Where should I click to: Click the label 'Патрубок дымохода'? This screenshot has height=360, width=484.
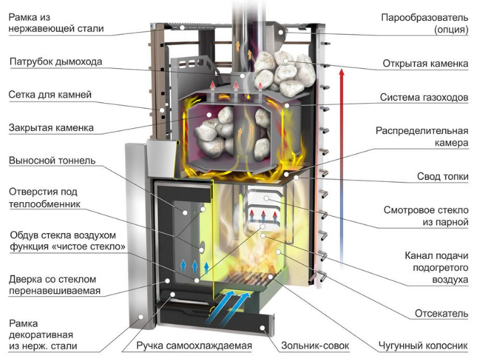tap(56, 62)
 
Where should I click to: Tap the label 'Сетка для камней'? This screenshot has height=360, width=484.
tap(50, 94)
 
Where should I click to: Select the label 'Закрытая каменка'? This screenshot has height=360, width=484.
tap(51, 128)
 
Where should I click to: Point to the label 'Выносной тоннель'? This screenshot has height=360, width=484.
tap(52, 160)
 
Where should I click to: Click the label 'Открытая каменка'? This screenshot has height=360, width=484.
tap(425, 64)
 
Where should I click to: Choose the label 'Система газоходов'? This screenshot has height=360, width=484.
tap(424, 97)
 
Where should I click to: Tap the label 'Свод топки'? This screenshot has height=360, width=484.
tap(443, 176)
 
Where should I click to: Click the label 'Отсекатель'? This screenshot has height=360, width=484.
tap(442, 313)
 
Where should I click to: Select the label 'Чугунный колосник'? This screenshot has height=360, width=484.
tap(423, 346)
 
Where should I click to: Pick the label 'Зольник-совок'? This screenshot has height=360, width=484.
tap(315, 346)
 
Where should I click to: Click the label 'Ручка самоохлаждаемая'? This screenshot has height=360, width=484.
tap(194, 346)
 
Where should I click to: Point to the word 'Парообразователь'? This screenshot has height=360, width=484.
tap(425, 18)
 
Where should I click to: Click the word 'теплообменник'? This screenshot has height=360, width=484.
tap(45, 204)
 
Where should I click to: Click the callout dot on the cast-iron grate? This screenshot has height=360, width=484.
tap(270, 277)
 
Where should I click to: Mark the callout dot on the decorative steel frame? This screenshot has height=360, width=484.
tap(141, 316)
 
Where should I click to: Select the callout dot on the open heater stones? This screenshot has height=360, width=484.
tap(286, 61)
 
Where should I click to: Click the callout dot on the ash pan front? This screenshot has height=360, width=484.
tap(262, 328)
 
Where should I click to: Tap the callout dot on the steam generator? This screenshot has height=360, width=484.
tap(281, 32)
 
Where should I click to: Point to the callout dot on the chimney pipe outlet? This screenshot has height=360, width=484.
tap(243, 76)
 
